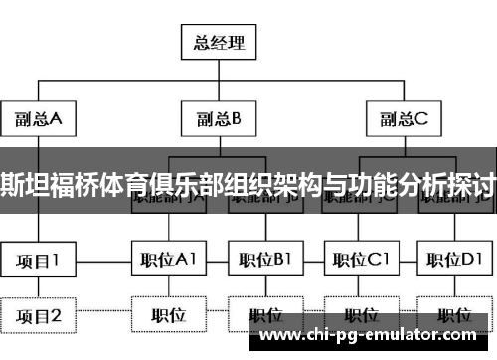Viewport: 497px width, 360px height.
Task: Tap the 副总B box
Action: [219, 120]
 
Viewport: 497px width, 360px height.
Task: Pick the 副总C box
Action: [402, 120]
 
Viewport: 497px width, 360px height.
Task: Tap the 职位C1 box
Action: [360, 262]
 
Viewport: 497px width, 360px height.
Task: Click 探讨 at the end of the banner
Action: [475, 183]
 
